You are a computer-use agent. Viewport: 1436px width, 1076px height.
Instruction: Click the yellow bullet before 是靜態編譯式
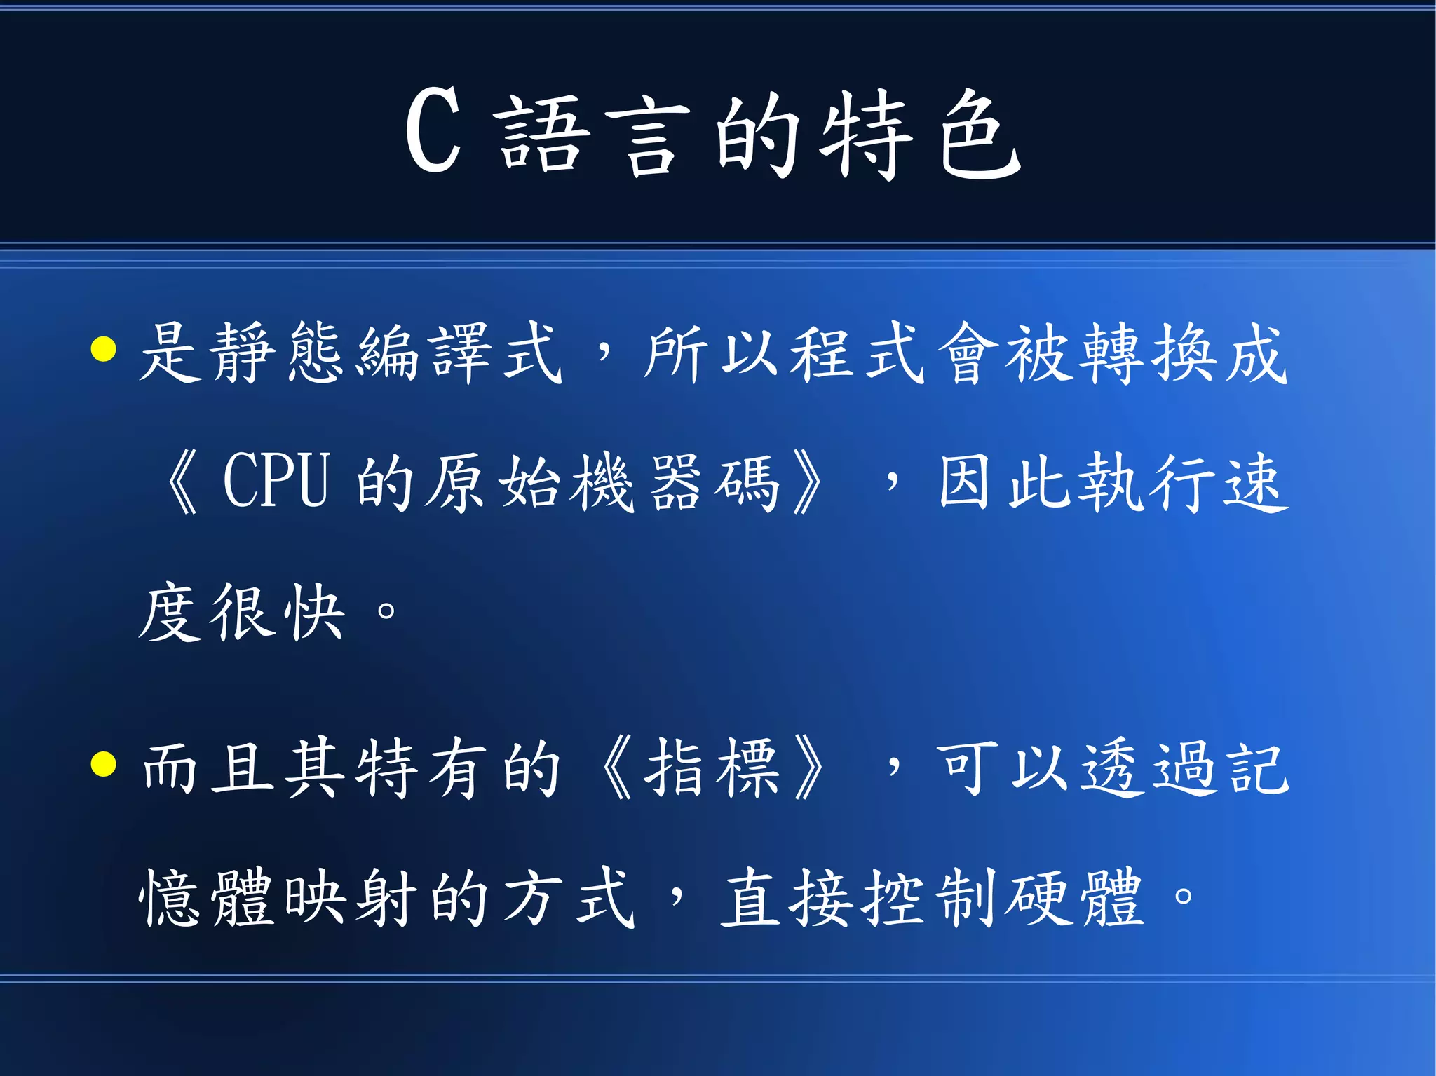coord(104,349)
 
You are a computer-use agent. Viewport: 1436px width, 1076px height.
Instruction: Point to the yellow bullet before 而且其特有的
coord(104,765)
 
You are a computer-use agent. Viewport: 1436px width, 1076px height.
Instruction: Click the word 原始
coord(494,482)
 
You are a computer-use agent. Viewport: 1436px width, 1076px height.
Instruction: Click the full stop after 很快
coord(386,611)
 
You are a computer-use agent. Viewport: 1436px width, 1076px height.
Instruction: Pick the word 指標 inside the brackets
coord(712,768)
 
